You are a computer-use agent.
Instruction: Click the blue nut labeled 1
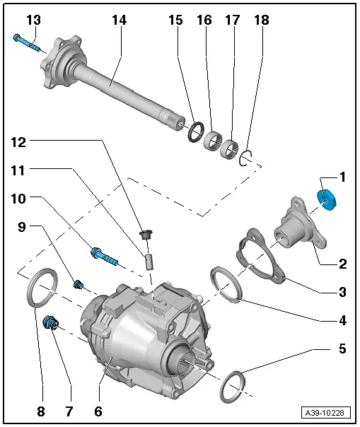coord(327,199)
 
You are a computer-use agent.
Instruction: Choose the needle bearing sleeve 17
coord(230,149)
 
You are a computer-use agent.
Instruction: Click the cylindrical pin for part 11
coord(150,258)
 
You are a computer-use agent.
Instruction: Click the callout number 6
coord(98,411)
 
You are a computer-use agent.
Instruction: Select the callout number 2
coord(342,264)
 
